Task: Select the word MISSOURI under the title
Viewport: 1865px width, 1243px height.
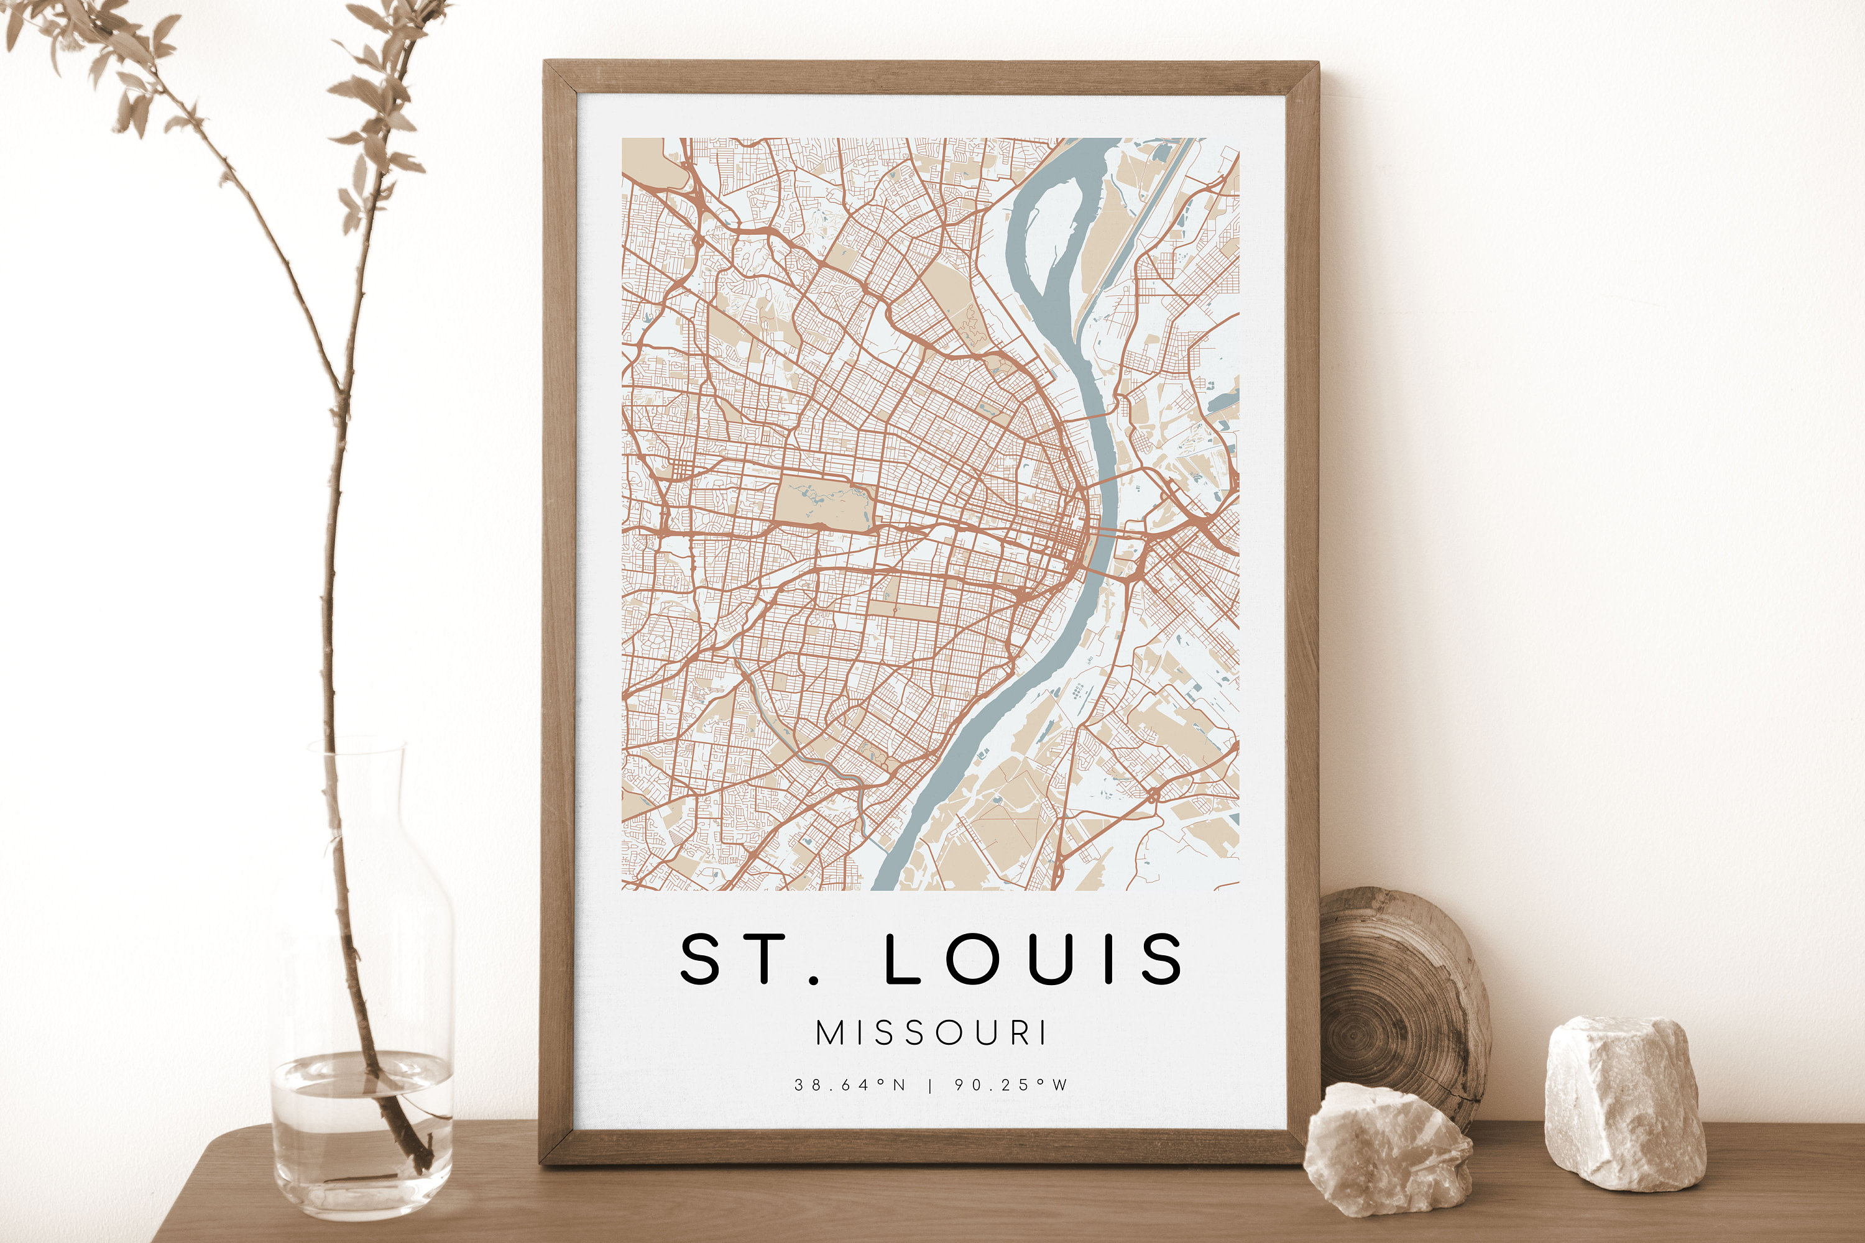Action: (x=932, y=1033)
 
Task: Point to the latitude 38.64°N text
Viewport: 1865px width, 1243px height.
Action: (x=850, y=1085)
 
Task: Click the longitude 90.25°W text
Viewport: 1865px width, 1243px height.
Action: (x=1011, y=1085)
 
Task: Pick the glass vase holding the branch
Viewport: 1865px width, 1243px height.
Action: (x=362, y=1030)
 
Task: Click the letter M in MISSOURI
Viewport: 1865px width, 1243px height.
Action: (x=829, y=1033)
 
